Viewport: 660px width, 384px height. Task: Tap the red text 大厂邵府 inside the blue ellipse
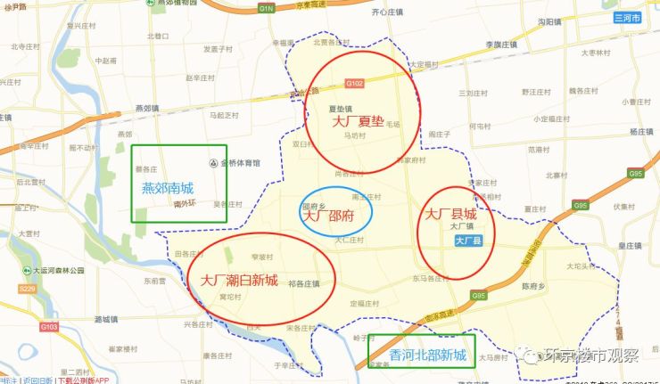(328, 215)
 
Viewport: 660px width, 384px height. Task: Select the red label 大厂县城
(450, 214)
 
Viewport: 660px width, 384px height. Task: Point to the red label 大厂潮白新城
(239, 280)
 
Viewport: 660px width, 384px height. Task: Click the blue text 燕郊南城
(167, 188)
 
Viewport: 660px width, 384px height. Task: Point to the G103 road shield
(50, 327)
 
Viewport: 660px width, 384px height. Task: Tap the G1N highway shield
(266, 7)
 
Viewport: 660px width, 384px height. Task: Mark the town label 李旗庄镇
(500, 44)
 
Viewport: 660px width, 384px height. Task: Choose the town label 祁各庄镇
(303, 285)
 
